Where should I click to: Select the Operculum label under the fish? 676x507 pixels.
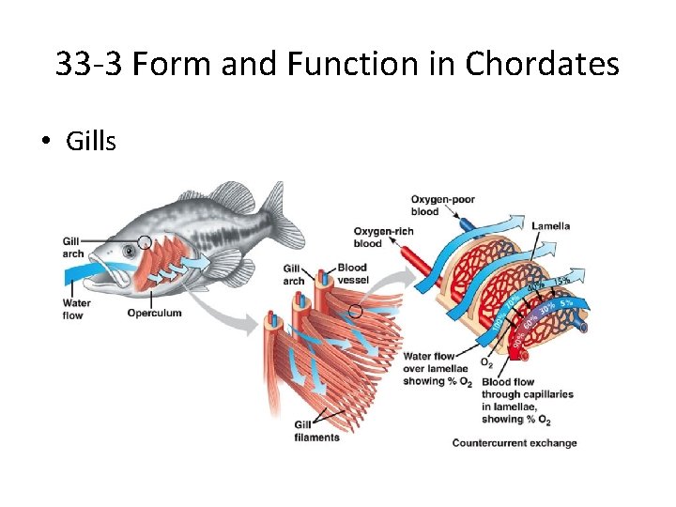(x=154, y=313)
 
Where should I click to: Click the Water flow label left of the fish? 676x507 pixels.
(x=73, y=309)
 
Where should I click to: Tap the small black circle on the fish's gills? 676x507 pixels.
(x=144, y=241)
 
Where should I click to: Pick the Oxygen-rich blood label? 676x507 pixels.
(x=380, y=237)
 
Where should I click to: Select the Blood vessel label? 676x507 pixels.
(x=352, y=273)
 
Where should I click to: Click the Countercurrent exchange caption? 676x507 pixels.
(x=515, y=443)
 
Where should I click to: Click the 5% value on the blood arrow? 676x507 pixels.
(x=566, y=303)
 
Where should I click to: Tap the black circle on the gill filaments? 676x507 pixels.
(x=355, y=311)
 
